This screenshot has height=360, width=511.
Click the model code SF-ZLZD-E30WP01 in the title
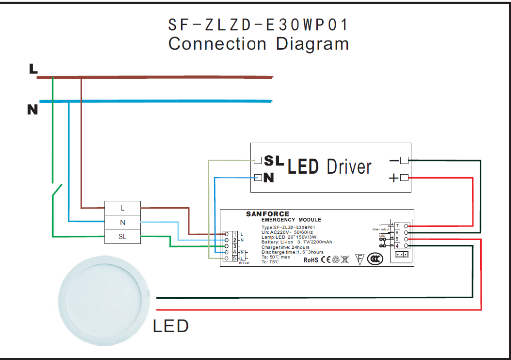(x=258, y=25)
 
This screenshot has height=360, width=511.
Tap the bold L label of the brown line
(x=33, y=69)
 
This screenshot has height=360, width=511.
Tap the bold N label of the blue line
(x=32, y=110)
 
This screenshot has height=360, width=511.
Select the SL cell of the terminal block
(x=122, y=237)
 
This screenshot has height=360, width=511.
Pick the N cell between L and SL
(x=122, y=222)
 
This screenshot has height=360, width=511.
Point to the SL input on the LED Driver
(x=274, y=161)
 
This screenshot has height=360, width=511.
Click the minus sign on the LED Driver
(x=394, y=161)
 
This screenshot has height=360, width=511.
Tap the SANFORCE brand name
(x=267, y=214)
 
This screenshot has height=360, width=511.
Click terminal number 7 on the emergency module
(x=398, y=226)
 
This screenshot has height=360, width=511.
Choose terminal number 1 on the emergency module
(x=235, y=234)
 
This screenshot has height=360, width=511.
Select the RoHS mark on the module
(x=311, y=260)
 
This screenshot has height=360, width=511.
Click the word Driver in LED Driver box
(x=349, y=167)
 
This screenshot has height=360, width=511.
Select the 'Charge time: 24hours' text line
(x=285, y=247)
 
